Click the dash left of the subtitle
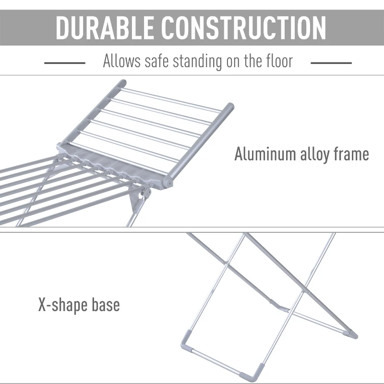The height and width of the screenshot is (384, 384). click(x=64, y=62)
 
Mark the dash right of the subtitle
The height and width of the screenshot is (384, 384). click(x=331, y=62)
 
